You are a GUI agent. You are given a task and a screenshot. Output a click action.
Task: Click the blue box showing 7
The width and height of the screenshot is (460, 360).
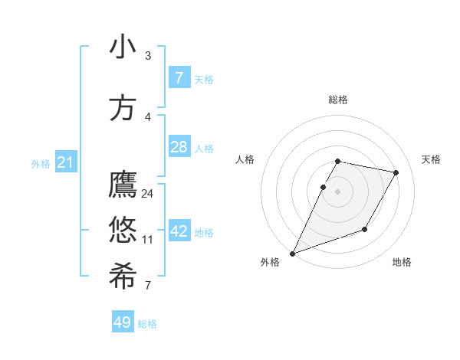(x=179, y=78)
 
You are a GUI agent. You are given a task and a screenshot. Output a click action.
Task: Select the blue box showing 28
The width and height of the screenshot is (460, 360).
(x=179, y=147)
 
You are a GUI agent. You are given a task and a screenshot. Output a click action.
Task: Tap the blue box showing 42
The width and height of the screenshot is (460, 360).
(x=179, y=231)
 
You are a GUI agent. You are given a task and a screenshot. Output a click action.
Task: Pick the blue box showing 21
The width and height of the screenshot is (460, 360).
(x=66, y=162)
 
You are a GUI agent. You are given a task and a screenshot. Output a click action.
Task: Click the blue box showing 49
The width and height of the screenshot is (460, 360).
(x=123, y=322)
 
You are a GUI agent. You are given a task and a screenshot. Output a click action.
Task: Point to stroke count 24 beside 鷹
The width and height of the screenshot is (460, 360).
(x=148, y=194)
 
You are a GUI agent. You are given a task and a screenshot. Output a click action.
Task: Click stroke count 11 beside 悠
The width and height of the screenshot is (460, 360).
(x=148, y=240)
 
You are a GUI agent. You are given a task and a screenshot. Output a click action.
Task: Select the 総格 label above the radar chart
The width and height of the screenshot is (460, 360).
(x=338, y=100)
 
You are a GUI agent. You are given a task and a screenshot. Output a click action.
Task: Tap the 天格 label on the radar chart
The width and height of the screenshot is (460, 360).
(x=432, y=159)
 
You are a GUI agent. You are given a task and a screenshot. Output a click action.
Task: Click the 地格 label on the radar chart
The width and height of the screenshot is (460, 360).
(x=402, y=262)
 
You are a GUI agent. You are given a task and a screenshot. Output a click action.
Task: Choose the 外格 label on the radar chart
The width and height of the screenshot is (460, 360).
(x=270, y=262)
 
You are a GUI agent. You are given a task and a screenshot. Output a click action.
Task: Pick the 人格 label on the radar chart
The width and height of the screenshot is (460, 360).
(x=245, y=159)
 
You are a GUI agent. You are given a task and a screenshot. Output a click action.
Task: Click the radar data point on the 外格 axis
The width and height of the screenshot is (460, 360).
(x=292, y=254)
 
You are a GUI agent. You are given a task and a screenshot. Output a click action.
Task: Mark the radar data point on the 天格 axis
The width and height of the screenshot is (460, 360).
(x=396, y=172)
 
